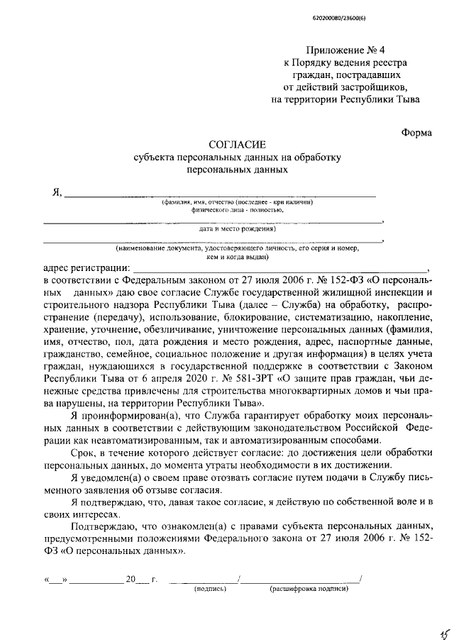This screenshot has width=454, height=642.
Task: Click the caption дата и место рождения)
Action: coord(237,229)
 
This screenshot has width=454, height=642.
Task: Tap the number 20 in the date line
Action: coord(130,578)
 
